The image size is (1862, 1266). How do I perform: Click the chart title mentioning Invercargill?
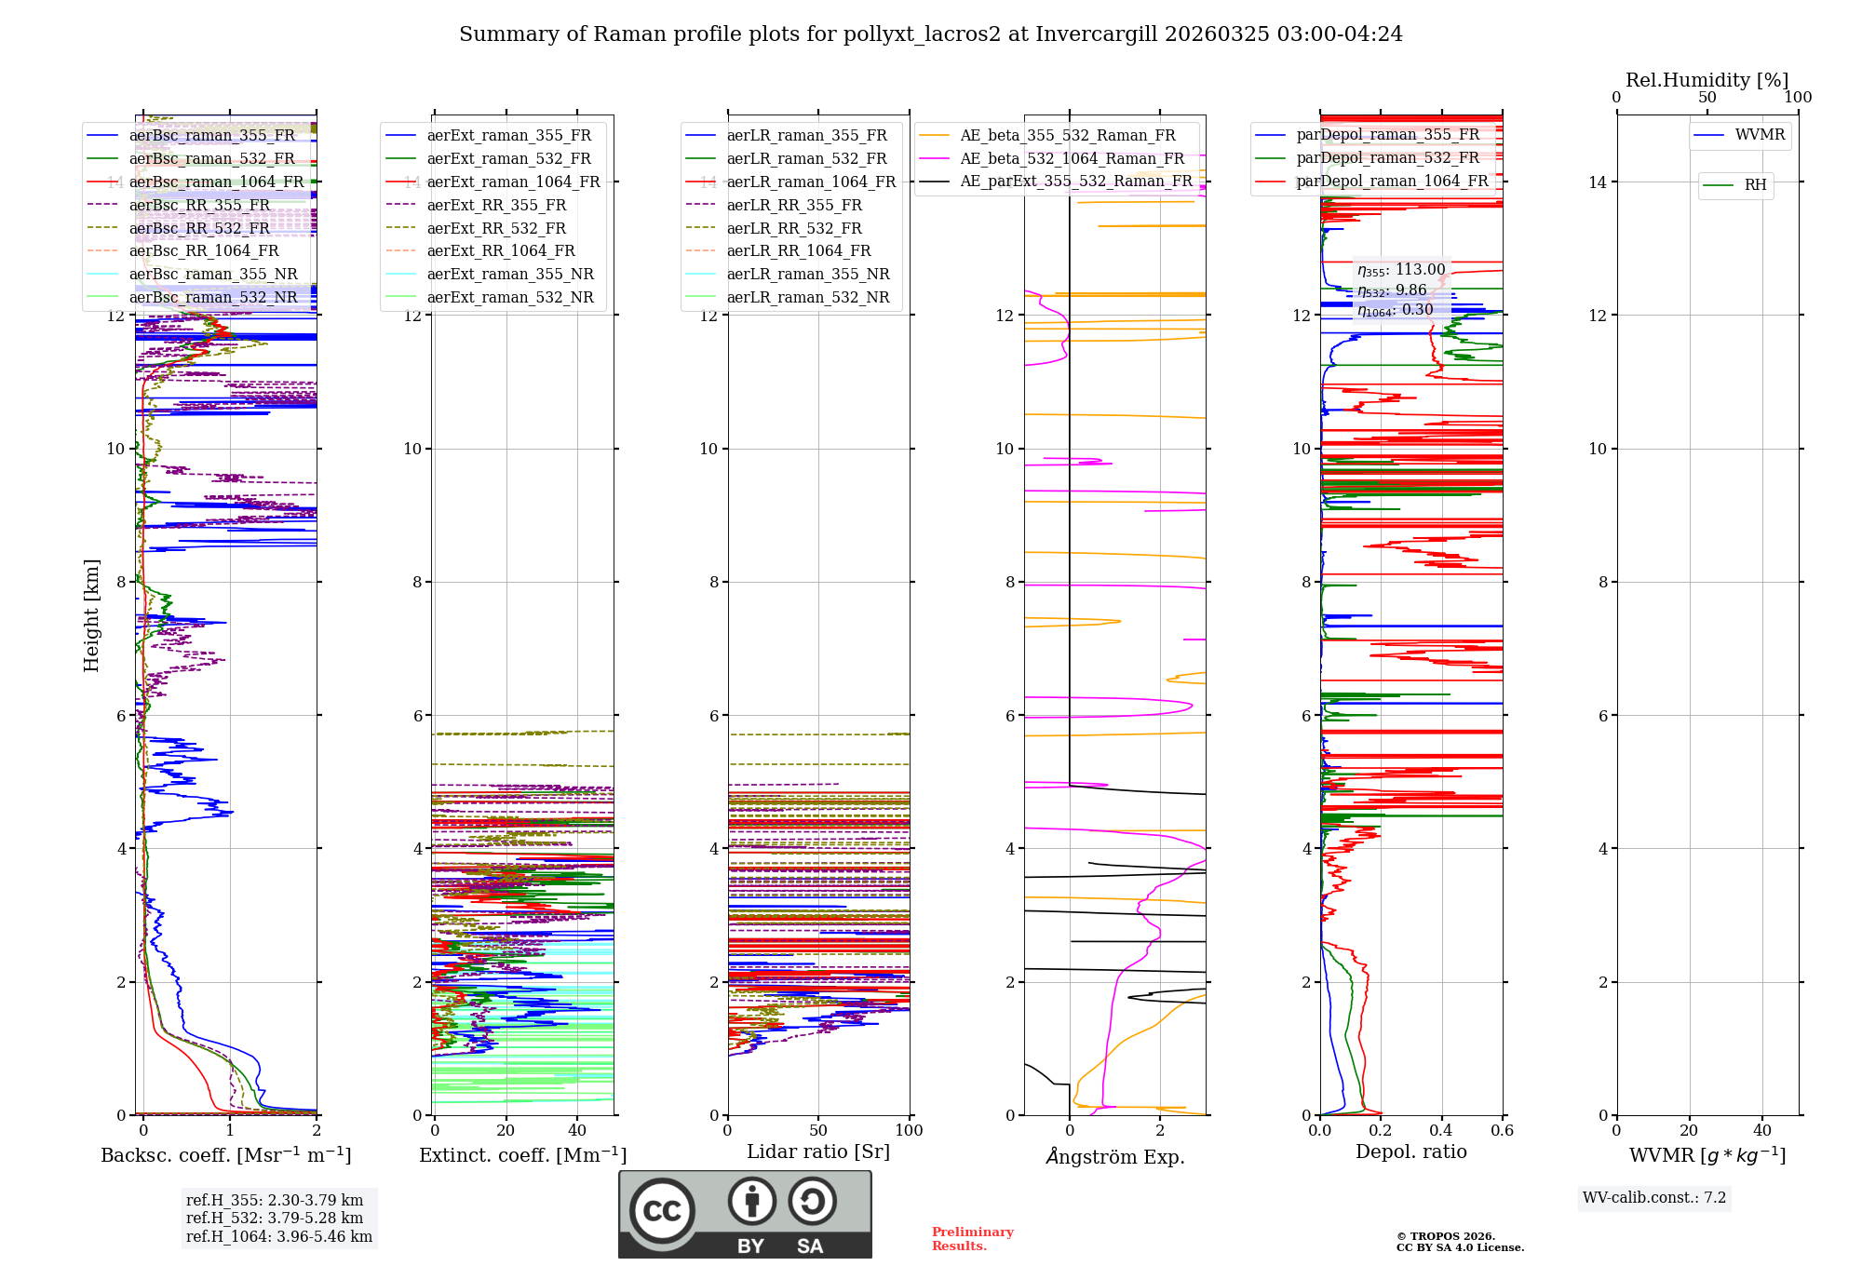[930, 34]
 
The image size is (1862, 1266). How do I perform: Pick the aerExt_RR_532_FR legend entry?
[495, 228]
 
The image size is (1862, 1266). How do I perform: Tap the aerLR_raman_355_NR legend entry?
[807, 274]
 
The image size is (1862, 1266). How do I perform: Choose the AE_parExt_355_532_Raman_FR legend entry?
[1075, 181]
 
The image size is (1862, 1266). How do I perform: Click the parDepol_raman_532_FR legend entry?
[1387, 157]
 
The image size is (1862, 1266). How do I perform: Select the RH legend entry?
[1755, 185]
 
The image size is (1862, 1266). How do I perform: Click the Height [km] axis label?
[91, 615]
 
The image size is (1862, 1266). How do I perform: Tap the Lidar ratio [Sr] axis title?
[817, 1152]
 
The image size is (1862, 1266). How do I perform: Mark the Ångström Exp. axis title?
[1114, 1156]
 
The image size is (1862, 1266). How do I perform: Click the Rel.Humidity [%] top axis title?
[1707, 80]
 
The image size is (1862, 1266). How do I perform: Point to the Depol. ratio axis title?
[1410, 1152]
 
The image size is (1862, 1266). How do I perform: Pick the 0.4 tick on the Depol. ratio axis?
[1441, 1130]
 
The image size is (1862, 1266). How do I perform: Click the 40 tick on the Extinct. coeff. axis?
[577, 1130]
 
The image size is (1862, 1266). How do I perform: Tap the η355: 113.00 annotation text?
[1401, 270]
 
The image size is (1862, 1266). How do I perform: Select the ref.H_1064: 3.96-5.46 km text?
[278, 1236]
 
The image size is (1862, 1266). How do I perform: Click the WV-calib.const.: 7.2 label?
[1653, 1197]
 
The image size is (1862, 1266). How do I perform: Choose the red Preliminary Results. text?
[972, 1238]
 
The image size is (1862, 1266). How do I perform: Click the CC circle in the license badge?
[662, 1211]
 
